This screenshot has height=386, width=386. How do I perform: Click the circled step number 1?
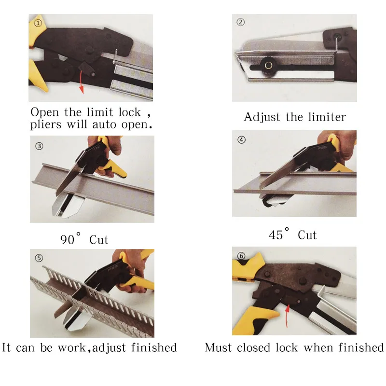38,23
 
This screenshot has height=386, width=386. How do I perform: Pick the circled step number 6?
241,255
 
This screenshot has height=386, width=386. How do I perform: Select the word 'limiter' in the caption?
327,117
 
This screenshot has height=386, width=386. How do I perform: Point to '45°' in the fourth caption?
280,235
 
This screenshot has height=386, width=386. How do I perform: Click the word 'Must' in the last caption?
218,347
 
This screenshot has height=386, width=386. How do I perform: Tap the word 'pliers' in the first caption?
46,124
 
